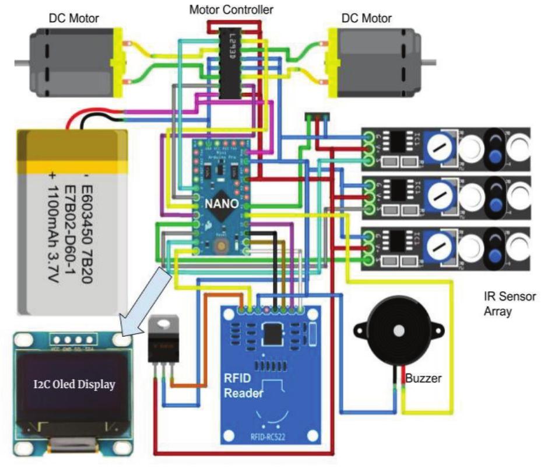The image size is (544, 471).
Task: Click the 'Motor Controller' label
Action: coord(231,9)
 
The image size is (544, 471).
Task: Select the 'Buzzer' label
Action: coord(424,378)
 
